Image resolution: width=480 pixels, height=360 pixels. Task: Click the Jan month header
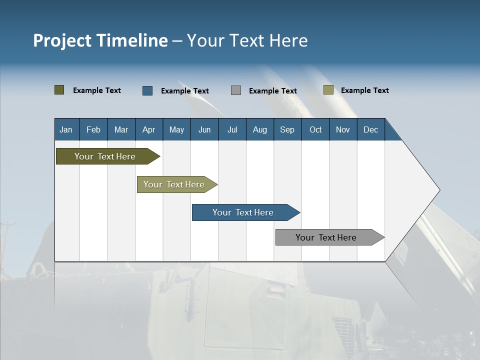point(66,130)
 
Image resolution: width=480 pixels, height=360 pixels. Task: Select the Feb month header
point(93,130)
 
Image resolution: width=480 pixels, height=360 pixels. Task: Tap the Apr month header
point(148,130)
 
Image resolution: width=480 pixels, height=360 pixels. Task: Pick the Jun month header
point(204,130)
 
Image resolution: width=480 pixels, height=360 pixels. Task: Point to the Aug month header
point(260,130)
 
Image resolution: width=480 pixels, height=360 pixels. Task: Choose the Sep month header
point(287,130)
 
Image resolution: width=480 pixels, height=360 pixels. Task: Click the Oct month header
point(315,130)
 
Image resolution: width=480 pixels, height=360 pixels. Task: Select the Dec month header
point(370,130)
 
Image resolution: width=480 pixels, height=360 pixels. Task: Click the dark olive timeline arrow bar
point(105,156)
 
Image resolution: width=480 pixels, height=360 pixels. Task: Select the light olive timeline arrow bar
point(174,184)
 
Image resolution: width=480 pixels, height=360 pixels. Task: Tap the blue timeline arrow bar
point(243,212)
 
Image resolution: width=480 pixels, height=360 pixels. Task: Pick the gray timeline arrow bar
point(326,237)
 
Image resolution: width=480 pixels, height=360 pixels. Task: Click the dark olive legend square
point(59,90)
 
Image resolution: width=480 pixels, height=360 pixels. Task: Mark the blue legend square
point(147,90)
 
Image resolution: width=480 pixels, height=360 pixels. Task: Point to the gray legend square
point(236,90)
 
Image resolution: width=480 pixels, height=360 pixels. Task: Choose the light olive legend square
point(328,90)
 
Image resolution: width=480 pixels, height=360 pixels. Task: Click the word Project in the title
point(62,40)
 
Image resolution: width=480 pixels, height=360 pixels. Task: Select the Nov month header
point(343,130)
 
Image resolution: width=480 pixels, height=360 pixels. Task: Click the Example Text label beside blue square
point(185,91)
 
